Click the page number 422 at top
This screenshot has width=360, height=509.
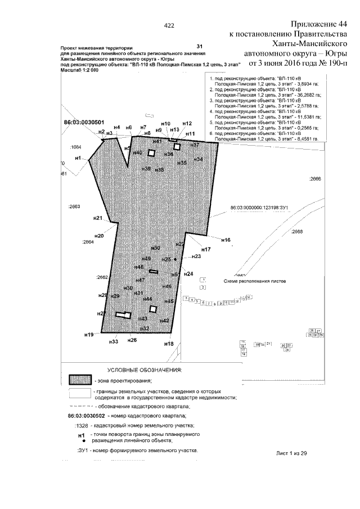(169, 25)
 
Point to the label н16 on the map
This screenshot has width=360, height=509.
(226, 240)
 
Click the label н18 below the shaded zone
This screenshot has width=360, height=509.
(168, 344)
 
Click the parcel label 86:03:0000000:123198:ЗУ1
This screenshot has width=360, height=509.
(259, 208)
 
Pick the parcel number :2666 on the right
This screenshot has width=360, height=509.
(315, 179)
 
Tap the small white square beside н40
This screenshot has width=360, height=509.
(151, 152)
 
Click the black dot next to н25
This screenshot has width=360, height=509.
(175, 259)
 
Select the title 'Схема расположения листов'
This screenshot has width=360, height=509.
(255, 280)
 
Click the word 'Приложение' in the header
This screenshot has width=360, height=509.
(313, 25)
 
